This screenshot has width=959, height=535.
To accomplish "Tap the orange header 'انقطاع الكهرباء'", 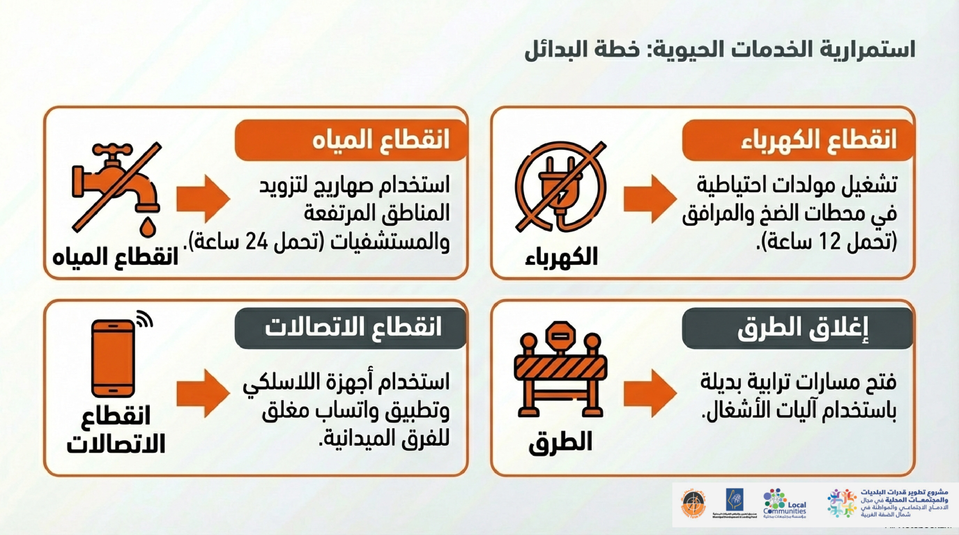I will (x=797, y=140).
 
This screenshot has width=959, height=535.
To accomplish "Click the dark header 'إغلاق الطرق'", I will (x=797, y=328).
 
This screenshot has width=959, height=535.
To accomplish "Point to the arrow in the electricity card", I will (x=650, y=199).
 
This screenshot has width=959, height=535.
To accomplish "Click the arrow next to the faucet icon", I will (x=203, y=199).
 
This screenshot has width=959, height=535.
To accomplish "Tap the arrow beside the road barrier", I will (x=650, y=393).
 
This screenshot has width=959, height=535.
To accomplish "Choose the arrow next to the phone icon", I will (x=203, y=393).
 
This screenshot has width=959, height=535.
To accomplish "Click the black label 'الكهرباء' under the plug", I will (x=561, y=257).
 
